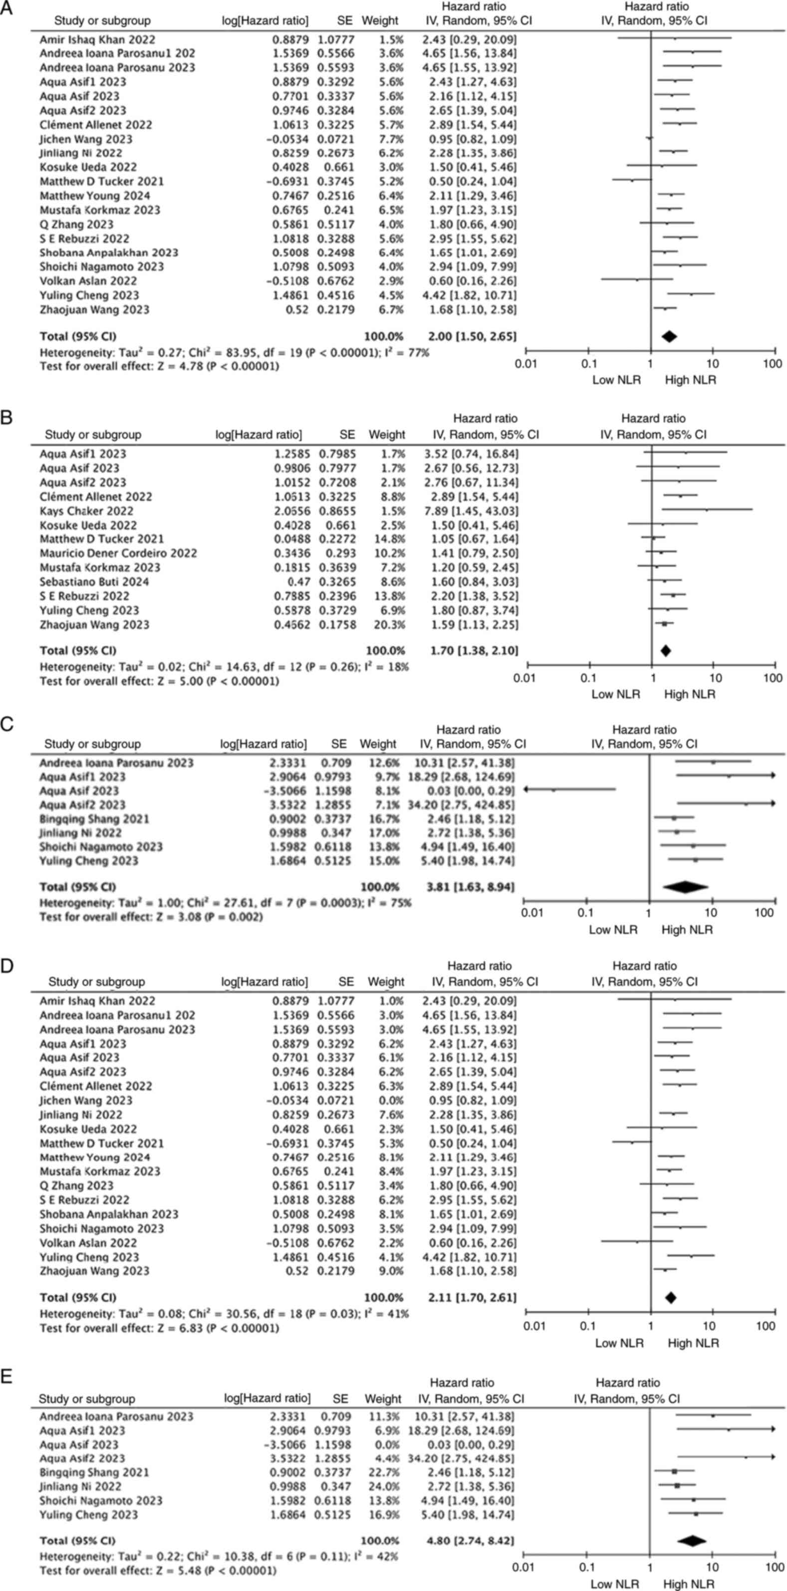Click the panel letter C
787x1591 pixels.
click(7, 724)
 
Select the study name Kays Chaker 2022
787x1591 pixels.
click(86, 511)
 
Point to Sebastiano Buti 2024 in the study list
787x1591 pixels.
click(94, 581)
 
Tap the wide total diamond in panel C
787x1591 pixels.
click(686, 887)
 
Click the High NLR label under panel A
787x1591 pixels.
click(691, 380)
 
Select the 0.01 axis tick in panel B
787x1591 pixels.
click(525, 678)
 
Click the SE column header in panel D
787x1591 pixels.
click(346, 981)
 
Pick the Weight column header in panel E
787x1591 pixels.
click(383, 1398)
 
